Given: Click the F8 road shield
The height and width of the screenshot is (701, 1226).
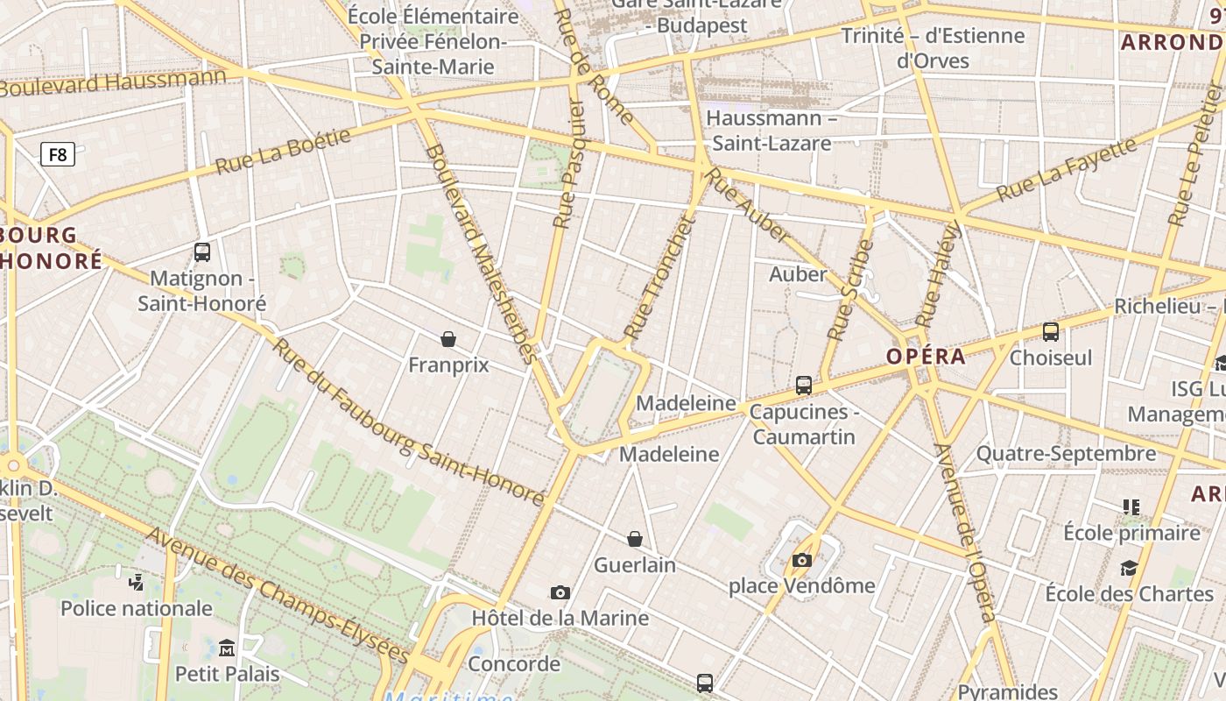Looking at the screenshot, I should (x=58, y=155).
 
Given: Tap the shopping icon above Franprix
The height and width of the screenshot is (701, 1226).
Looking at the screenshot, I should (x=448, y=339).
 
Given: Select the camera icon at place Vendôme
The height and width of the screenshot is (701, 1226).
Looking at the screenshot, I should (x=801, y=560).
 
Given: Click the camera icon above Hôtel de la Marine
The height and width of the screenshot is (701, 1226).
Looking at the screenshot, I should (x=560, y=593).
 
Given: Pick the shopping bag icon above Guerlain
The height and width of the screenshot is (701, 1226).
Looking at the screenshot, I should (x=635, y=539).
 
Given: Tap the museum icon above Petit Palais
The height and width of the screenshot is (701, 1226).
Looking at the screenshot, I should (x=227, y=648).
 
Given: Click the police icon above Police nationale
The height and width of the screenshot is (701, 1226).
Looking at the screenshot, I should (x=136, y=582).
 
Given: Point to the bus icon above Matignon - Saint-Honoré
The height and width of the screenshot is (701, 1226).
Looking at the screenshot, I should (x=202, y=252).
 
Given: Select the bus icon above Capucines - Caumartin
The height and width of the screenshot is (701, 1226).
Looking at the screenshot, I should (x=803, y=386).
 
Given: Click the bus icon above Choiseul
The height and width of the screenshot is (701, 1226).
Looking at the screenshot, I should (x=1051, y=332).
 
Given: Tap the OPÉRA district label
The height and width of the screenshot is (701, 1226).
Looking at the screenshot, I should (x=926, y=357).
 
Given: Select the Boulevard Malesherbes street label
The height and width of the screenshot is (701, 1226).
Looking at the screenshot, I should (x=480, y=252).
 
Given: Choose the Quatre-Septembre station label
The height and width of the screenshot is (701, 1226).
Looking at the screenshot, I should (x=1066, y=454).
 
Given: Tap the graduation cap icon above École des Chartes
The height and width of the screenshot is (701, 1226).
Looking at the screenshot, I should (x=1129, y=568).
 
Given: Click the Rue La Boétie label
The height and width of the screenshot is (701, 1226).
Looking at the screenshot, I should (x=283, y=151).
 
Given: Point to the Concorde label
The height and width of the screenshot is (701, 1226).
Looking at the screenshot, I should (x=514, y=663).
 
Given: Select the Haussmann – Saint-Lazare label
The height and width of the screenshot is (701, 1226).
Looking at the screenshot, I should (x=769, y=130).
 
